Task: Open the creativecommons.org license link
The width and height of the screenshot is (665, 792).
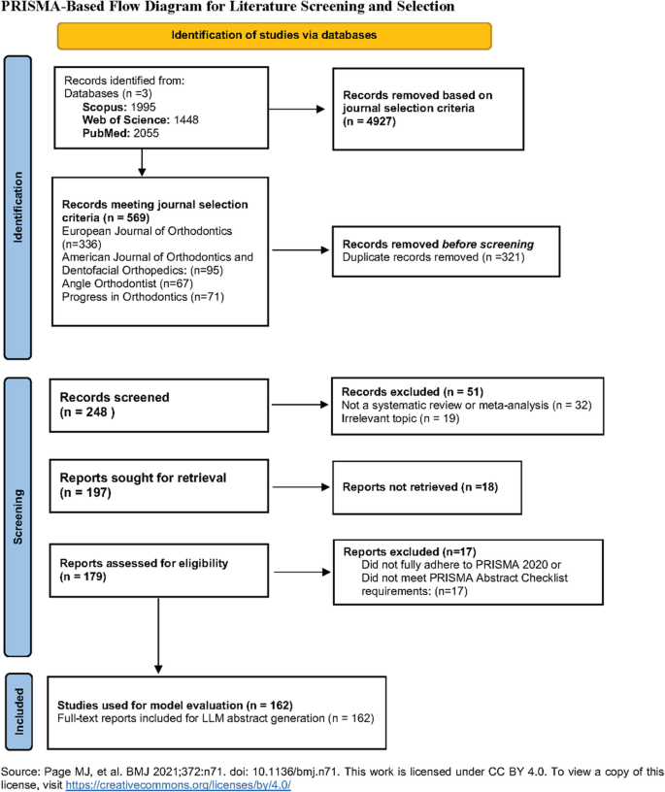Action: click(178, 783)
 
